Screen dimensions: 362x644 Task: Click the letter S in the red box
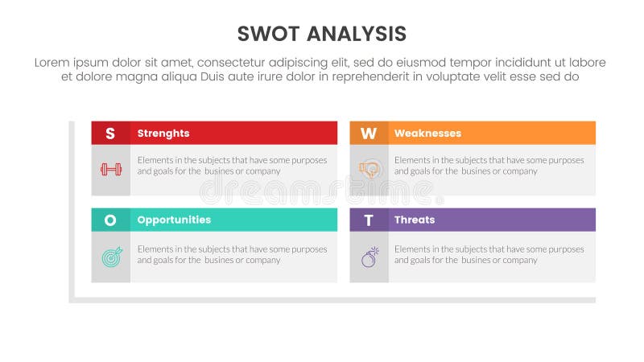110,134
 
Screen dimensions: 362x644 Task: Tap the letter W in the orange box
369,134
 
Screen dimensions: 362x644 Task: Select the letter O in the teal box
110,220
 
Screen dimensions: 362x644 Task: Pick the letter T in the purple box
369,220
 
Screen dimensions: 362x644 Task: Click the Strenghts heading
163,134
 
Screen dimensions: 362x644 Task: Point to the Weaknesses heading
427,134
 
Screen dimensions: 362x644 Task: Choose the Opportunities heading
174,220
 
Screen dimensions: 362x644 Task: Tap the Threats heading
415,220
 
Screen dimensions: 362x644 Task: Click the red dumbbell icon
110,169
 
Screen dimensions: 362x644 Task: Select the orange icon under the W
369,169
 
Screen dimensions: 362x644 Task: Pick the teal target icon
110,257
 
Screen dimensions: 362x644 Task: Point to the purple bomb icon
369,257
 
